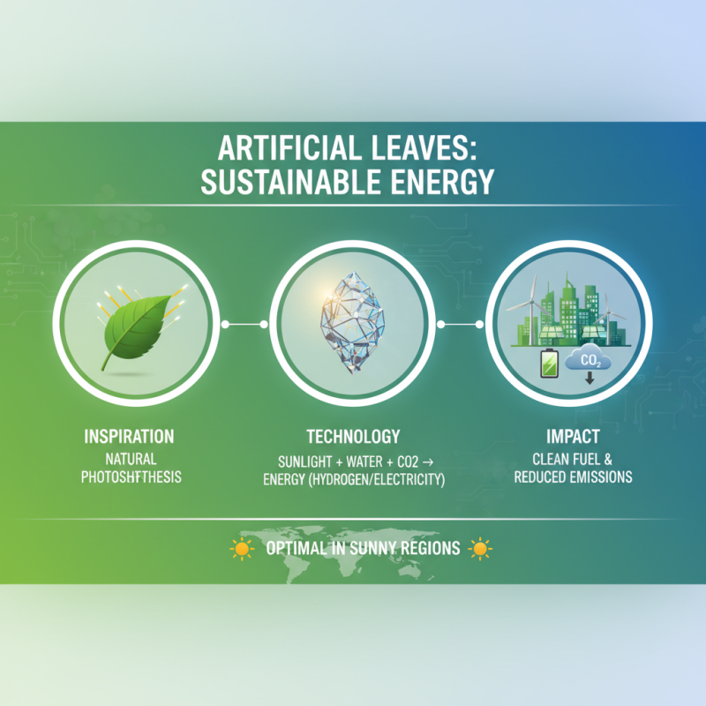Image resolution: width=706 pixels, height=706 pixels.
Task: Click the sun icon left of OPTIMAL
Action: (240, 549)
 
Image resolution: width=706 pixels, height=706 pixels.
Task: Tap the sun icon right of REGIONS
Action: (479, 549)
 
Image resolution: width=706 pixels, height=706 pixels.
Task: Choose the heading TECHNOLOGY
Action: (353, 437)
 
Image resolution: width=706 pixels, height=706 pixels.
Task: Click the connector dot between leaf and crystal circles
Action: (226, 325)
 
